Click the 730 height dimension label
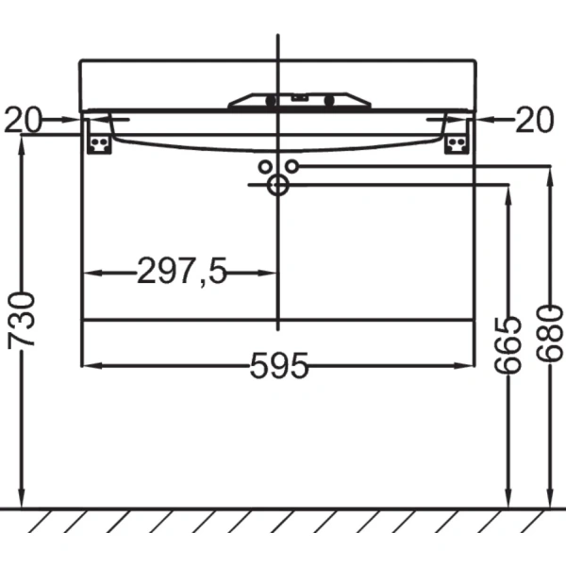22,320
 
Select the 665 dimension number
508,345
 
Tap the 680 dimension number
549,334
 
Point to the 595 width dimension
279,366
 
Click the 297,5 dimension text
182,271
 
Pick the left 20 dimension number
23,120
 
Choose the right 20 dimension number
534,120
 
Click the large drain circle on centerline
278,185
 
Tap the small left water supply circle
265,167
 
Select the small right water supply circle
292,166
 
